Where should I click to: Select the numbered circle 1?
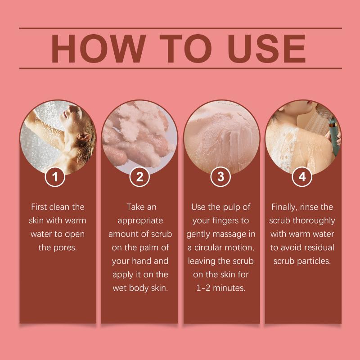point(55,176)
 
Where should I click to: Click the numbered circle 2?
point(139,176)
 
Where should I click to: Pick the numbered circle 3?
point(220,176)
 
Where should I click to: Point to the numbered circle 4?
point(302,176)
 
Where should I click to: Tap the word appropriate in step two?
point(140,221)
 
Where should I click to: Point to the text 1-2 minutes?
point(220,288)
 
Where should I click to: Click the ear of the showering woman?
point(83,137)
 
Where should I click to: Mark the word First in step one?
point(40,207)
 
